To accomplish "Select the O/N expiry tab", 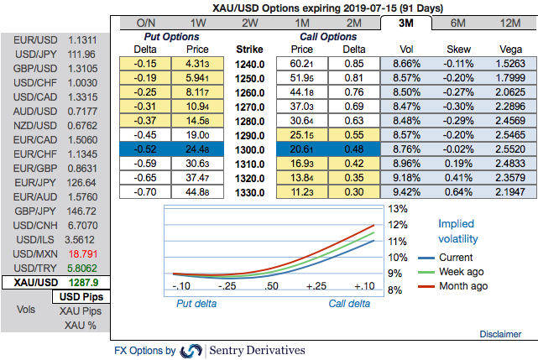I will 146,23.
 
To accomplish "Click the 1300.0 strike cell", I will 250,148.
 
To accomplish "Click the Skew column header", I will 457,50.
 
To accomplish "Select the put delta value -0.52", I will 146,148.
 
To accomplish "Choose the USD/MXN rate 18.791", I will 83,251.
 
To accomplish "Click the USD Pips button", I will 80,297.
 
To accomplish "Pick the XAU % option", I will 81,325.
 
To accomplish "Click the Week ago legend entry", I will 462,271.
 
